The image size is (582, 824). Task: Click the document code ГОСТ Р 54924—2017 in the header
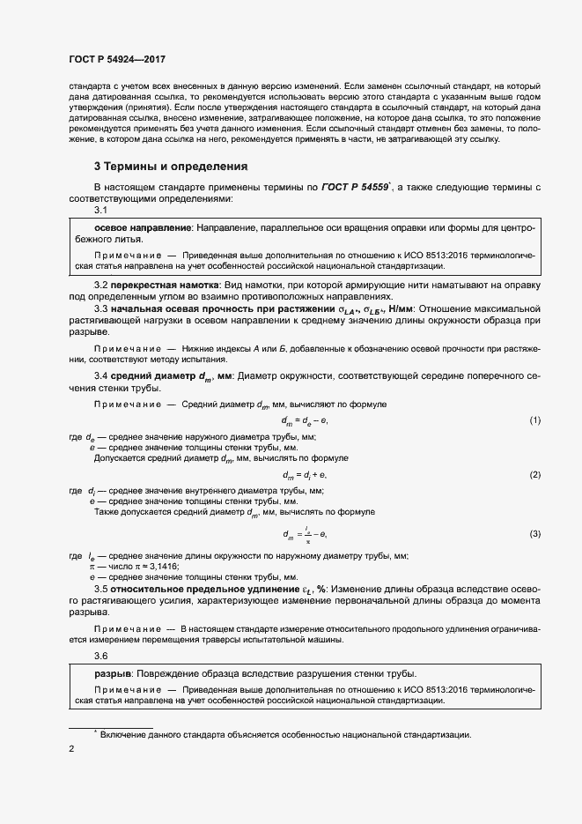click(117, 60)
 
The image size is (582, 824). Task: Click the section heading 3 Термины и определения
click(171, 167)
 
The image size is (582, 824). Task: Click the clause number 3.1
click(100, 211)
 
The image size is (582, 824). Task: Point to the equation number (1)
click(534, 421)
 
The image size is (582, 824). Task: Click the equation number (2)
click(534, 475)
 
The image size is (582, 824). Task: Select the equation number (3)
click(534, 535)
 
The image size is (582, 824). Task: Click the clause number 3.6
click(100, 657)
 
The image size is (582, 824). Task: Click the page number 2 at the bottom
click(71, 749)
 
